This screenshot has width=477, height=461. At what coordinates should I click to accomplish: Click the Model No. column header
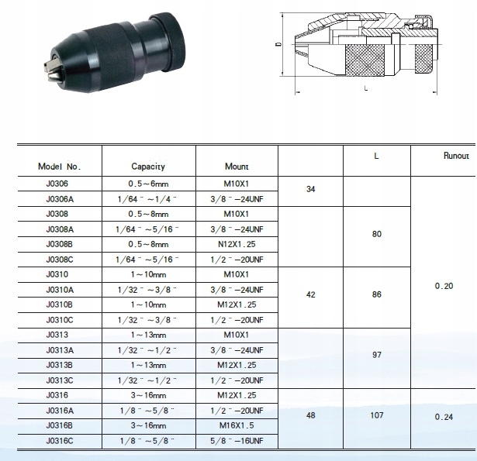coord(60,167)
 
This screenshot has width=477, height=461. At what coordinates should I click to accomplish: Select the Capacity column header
coord(148,167)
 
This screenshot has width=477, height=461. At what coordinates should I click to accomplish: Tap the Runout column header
coord(456,156)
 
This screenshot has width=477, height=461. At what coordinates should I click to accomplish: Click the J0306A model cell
coord(60,199)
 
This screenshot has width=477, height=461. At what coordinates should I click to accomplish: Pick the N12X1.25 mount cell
coord(237,244)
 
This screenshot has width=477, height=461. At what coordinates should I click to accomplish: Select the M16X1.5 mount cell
coord(237,425)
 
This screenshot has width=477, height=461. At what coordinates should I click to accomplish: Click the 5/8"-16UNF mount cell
coord(237,441)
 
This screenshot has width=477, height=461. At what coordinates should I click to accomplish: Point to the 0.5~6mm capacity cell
coord(148,184)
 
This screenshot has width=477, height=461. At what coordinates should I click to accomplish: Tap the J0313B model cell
coord(59,365)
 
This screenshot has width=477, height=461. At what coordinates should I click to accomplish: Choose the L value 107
coord(377,415)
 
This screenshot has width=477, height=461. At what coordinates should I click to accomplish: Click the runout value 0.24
coord(444,417)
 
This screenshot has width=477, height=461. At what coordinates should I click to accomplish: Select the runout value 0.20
coord(444,286)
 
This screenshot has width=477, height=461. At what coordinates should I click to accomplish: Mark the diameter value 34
coord(310,189)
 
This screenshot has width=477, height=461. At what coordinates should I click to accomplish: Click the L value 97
coord(377,355)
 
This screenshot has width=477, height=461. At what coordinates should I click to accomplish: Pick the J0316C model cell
coord(60,441)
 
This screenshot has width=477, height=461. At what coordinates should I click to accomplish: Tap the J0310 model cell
coord(57,274)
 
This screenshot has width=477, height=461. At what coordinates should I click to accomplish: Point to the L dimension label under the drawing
coord(366,88)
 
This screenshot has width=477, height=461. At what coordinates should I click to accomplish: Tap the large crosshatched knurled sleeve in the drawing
coord(365,60)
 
